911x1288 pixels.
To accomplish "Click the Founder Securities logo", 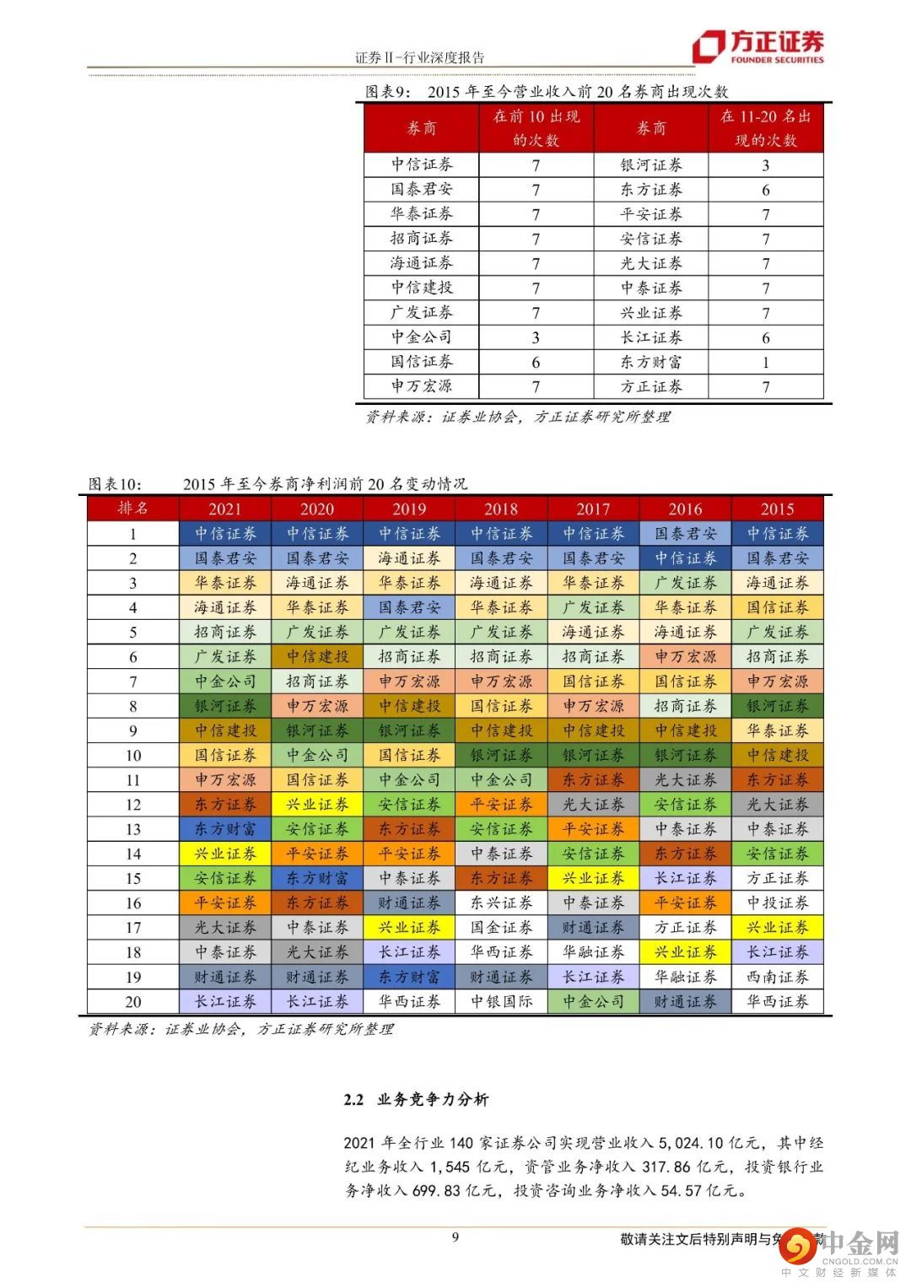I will (757, 47).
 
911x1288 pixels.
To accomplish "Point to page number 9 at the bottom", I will (455, 1237).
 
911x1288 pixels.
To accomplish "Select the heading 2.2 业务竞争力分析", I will (416, 1099).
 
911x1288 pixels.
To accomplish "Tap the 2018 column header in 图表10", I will (501, 509).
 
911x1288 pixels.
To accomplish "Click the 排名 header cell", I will (133, 509).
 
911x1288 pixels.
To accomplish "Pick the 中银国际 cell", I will (501, 1001).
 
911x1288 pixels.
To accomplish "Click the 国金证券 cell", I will (501, 927).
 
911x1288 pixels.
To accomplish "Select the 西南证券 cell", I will (777, 977).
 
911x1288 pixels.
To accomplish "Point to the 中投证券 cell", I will (777, 903).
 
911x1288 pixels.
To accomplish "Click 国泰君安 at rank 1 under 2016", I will (685, 534).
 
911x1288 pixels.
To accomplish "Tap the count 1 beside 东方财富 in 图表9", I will (765, 362).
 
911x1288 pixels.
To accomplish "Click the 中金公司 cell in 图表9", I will (421, 337).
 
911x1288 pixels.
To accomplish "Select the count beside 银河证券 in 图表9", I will (765, 165).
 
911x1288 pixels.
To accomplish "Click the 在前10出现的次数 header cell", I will (536, 128).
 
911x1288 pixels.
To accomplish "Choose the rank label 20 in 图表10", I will (133, 1001).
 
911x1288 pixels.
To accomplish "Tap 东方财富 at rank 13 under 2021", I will (224, 829).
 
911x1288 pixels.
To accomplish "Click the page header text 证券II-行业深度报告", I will (419, 57).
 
